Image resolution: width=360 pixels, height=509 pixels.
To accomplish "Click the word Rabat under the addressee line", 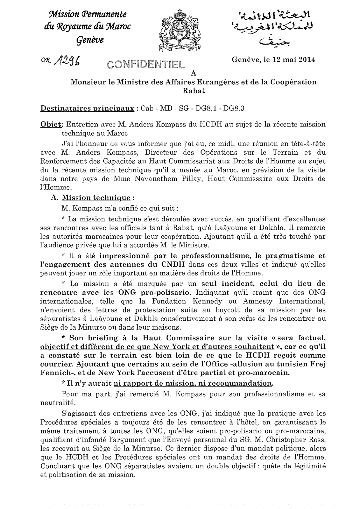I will click(193, 91).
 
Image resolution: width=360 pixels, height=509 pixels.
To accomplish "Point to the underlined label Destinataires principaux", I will click(87, 108).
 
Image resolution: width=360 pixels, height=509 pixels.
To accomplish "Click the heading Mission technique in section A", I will click(96, 198).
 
